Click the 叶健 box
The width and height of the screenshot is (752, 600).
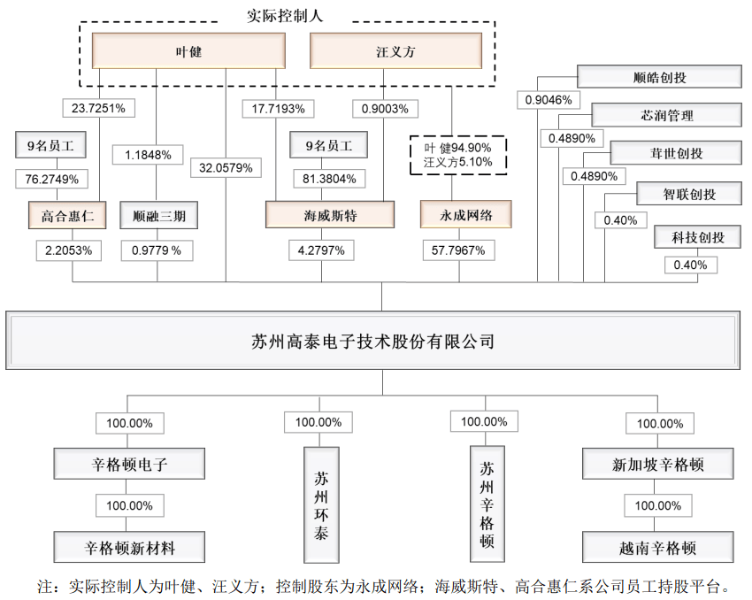189,51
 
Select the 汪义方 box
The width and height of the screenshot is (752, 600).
395,51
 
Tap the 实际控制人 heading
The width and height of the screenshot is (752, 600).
284,15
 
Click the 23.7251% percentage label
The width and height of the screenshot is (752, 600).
98,109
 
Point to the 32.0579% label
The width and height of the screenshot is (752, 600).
226,166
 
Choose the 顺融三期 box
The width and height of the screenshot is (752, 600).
158,215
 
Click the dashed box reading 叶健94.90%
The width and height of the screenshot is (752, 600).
452,155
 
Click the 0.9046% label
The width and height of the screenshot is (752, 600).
553,100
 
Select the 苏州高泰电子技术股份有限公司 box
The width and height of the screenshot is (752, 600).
372,341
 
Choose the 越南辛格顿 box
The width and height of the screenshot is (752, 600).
658,548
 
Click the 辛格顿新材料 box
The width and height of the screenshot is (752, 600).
130,548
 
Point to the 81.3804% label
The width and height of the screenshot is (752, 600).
328,179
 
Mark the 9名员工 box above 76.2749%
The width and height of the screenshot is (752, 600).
49,144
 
